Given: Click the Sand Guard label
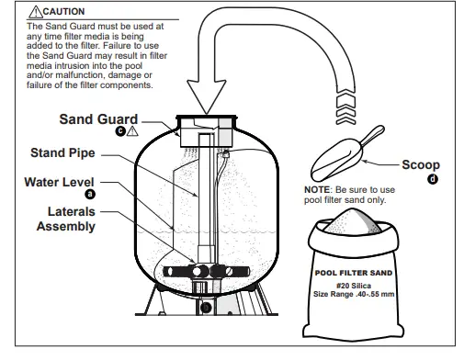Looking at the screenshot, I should pyautogui.click(x=98, y=118).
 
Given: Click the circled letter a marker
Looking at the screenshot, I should pyautogui.click(x=88, y=195).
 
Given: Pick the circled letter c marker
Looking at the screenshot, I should pyautogui.click(x=119, y=132).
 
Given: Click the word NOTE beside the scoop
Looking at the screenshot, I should pyautogui.click(x=318, y=190).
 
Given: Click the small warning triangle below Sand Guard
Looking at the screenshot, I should pyautogui.click(x=131, y=132).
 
